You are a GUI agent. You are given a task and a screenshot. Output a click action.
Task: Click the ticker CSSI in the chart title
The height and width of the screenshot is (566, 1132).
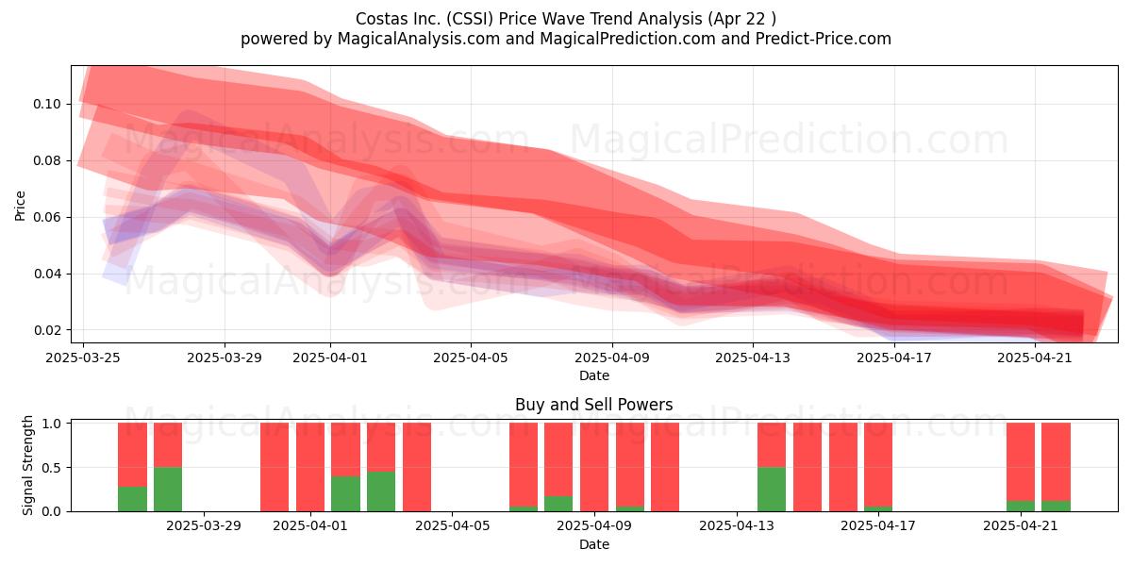pos(469,19)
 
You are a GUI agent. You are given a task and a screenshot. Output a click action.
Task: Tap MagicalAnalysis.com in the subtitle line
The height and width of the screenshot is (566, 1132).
pos(419,39)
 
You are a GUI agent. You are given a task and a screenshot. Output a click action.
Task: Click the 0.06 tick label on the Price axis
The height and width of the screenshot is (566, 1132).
pos(46,217)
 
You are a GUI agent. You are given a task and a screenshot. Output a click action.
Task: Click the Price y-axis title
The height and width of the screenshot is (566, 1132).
pos(20,206)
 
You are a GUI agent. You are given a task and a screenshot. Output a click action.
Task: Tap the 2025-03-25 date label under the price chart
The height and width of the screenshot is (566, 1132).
pos(83,358)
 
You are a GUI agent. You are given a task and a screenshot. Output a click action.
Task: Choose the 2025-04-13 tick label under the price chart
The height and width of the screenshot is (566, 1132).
pos(753,358)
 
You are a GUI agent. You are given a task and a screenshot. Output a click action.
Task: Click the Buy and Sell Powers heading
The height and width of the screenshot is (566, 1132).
pos(593,405)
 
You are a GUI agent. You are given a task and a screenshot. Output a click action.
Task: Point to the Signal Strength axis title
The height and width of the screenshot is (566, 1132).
pos(27,465)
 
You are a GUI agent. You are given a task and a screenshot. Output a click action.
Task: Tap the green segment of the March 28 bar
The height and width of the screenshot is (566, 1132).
pos(168,490)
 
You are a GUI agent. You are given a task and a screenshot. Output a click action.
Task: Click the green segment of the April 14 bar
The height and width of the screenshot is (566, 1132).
pos(772,490)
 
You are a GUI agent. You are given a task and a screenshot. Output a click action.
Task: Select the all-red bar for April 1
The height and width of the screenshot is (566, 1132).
pos(310,467)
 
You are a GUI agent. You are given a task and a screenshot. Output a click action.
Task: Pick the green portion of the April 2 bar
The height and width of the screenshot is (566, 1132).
pos(345,493)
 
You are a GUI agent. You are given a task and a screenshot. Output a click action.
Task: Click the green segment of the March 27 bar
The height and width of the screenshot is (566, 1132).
pos(132,499)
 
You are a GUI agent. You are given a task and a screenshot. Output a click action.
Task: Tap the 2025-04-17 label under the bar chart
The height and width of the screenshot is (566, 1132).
pos(878,526)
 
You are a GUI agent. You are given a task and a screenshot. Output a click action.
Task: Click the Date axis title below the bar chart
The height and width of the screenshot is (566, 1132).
pos(593,545)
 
